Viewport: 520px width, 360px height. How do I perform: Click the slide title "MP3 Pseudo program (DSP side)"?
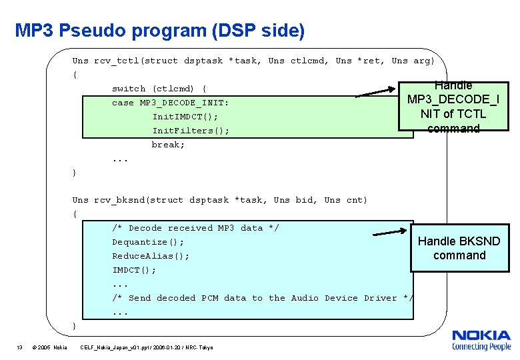click(160, 31)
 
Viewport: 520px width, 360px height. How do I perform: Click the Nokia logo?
click(481, 340)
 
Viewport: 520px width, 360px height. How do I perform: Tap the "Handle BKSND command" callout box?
click(459, 248)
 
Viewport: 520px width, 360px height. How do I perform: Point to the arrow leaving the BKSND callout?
click(389, 232)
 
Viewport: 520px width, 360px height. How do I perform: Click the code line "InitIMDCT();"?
click(185, 116)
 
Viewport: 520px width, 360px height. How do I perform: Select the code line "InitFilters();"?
click(191, 130)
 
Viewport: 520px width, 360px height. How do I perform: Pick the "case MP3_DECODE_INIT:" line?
click(171, 102)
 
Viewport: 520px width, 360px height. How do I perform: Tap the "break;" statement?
click(168, 144)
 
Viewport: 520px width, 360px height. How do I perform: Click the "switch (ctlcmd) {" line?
click(159, 88)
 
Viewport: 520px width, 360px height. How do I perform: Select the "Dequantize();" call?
click(148, 242)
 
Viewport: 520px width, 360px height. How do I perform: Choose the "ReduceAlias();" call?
click(151, 256)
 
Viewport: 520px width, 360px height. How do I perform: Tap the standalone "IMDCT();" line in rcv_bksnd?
click(134, 270)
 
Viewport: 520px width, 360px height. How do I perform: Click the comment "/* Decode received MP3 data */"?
click(195, 228)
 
